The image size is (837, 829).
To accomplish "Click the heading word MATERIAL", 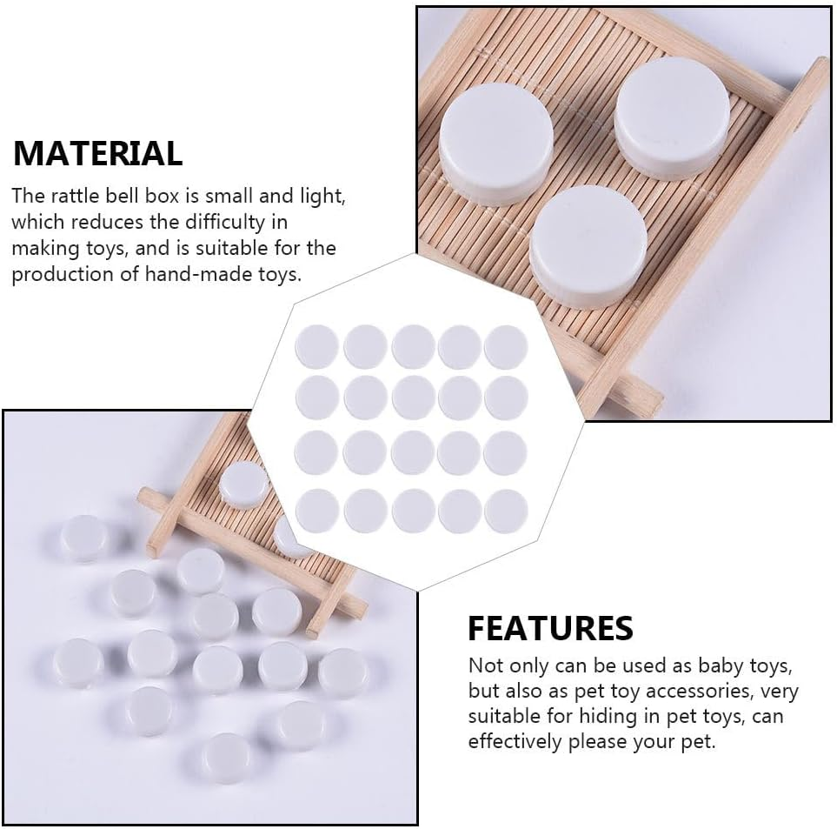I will point(97,153).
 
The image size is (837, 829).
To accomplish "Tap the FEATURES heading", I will point(550,627).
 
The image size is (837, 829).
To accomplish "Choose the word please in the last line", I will point(623,742).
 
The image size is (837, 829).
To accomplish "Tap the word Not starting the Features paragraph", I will point(486,666).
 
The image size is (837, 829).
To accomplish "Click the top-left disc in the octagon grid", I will point(316,346).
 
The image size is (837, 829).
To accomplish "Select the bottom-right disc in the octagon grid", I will point(506,511).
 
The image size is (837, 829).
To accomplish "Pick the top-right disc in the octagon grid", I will point(506,346).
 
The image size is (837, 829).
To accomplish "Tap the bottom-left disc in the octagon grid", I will point(316,511).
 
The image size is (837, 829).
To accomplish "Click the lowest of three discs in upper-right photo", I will point(588,244).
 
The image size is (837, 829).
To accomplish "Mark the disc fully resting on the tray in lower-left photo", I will point(243,484).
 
